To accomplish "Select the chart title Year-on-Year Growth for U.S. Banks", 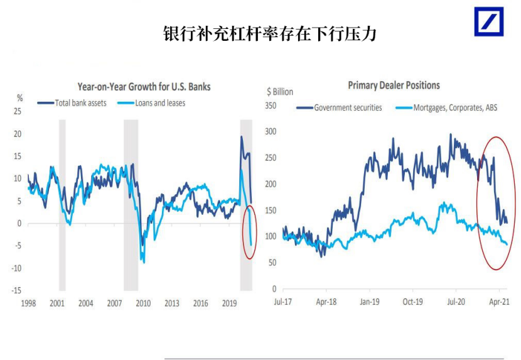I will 144,87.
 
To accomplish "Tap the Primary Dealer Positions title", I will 394,85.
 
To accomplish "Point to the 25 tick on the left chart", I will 18,112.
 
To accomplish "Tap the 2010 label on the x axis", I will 143,303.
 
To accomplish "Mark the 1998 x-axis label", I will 28,303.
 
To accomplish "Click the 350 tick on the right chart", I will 271,106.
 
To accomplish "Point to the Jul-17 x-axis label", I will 284,302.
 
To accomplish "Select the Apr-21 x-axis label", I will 499,302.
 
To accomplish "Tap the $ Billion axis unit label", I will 279,92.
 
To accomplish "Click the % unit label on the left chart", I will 19,97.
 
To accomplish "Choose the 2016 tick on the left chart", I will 200,303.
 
